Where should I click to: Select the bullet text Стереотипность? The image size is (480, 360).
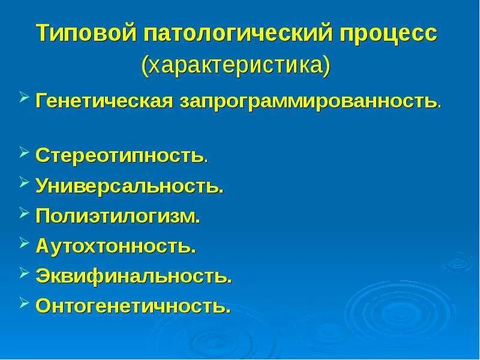pyautogui.click(x=122, y=156)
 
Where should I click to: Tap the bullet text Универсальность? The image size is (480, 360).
pyautogui.click(x=130, y=186)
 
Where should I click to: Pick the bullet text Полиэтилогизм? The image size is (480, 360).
pyautogui.click(x=118, y=216)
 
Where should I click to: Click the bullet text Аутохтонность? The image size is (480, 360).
pyautogui.click(x=116, y=246)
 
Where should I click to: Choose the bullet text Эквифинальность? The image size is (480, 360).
pyautogui.click(x=134, y=276)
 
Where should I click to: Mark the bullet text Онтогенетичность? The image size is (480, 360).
pyautogui.click(x=133, y=306)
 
